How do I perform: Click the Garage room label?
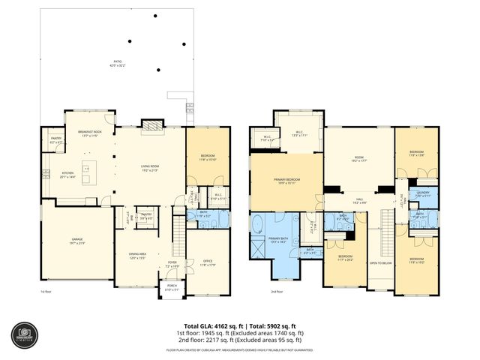pos(74,241)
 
